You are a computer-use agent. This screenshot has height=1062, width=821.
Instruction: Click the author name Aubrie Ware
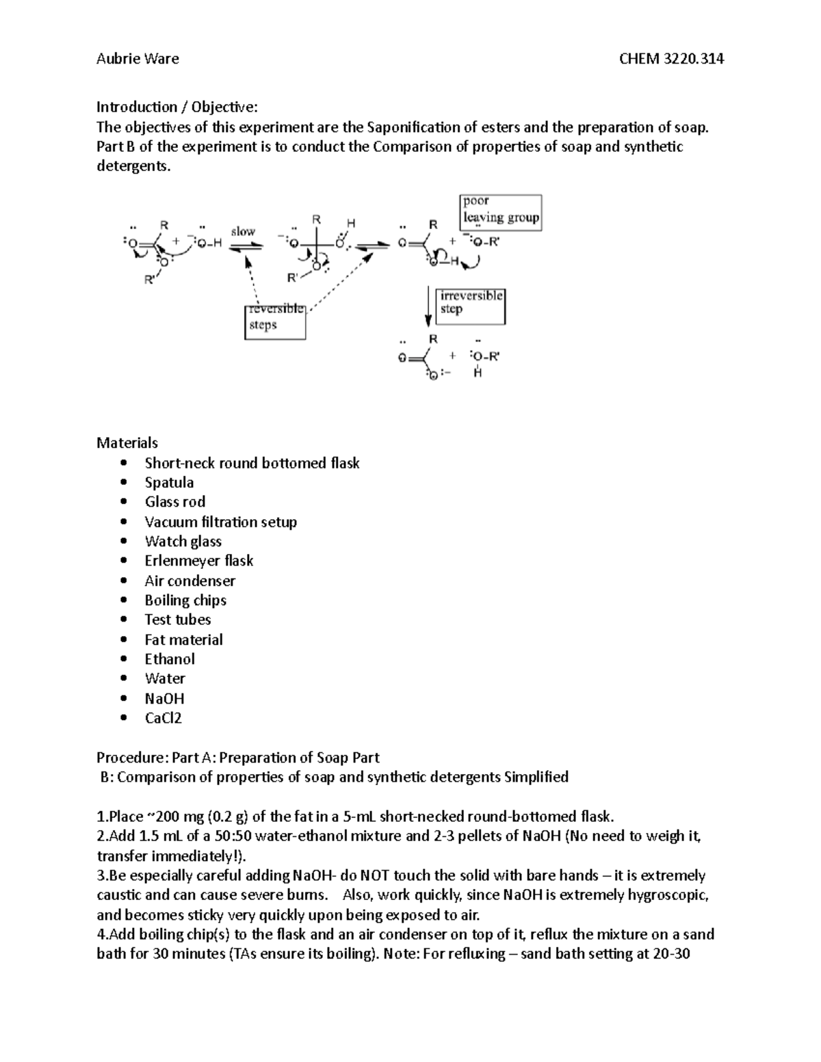point(138,59)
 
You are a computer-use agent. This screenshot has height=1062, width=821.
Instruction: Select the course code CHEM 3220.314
point(671,59)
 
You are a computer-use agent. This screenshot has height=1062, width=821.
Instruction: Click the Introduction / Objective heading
point(177,107)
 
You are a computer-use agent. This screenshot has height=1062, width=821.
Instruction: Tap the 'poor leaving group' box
point(501,211)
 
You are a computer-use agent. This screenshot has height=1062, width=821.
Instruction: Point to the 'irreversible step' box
point(471,306)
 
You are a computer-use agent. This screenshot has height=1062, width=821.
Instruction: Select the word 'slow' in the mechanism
point(243,231)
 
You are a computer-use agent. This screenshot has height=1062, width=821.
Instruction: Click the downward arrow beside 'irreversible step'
point(428,306)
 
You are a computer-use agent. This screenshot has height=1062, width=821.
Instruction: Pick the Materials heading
point(127,442)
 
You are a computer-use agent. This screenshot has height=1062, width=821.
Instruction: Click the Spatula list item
point(169,482)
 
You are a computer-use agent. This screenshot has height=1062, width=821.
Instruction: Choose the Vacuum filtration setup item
point(220,522)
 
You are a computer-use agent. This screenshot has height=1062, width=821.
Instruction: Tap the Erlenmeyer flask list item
point(198,561)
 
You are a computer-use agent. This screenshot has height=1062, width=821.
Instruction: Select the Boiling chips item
point(185,600)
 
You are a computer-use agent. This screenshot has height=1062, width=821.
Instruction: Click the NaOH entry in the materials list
point(164,698)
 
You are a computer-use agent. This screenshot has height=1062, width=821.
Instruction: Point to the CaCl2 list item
point(163,718)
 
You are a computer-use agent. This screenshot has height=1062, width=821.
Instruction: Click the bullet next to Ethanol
point(123,659)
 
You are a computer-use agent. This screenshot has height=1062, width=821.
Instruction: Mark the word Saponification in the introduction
point(414,127)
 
